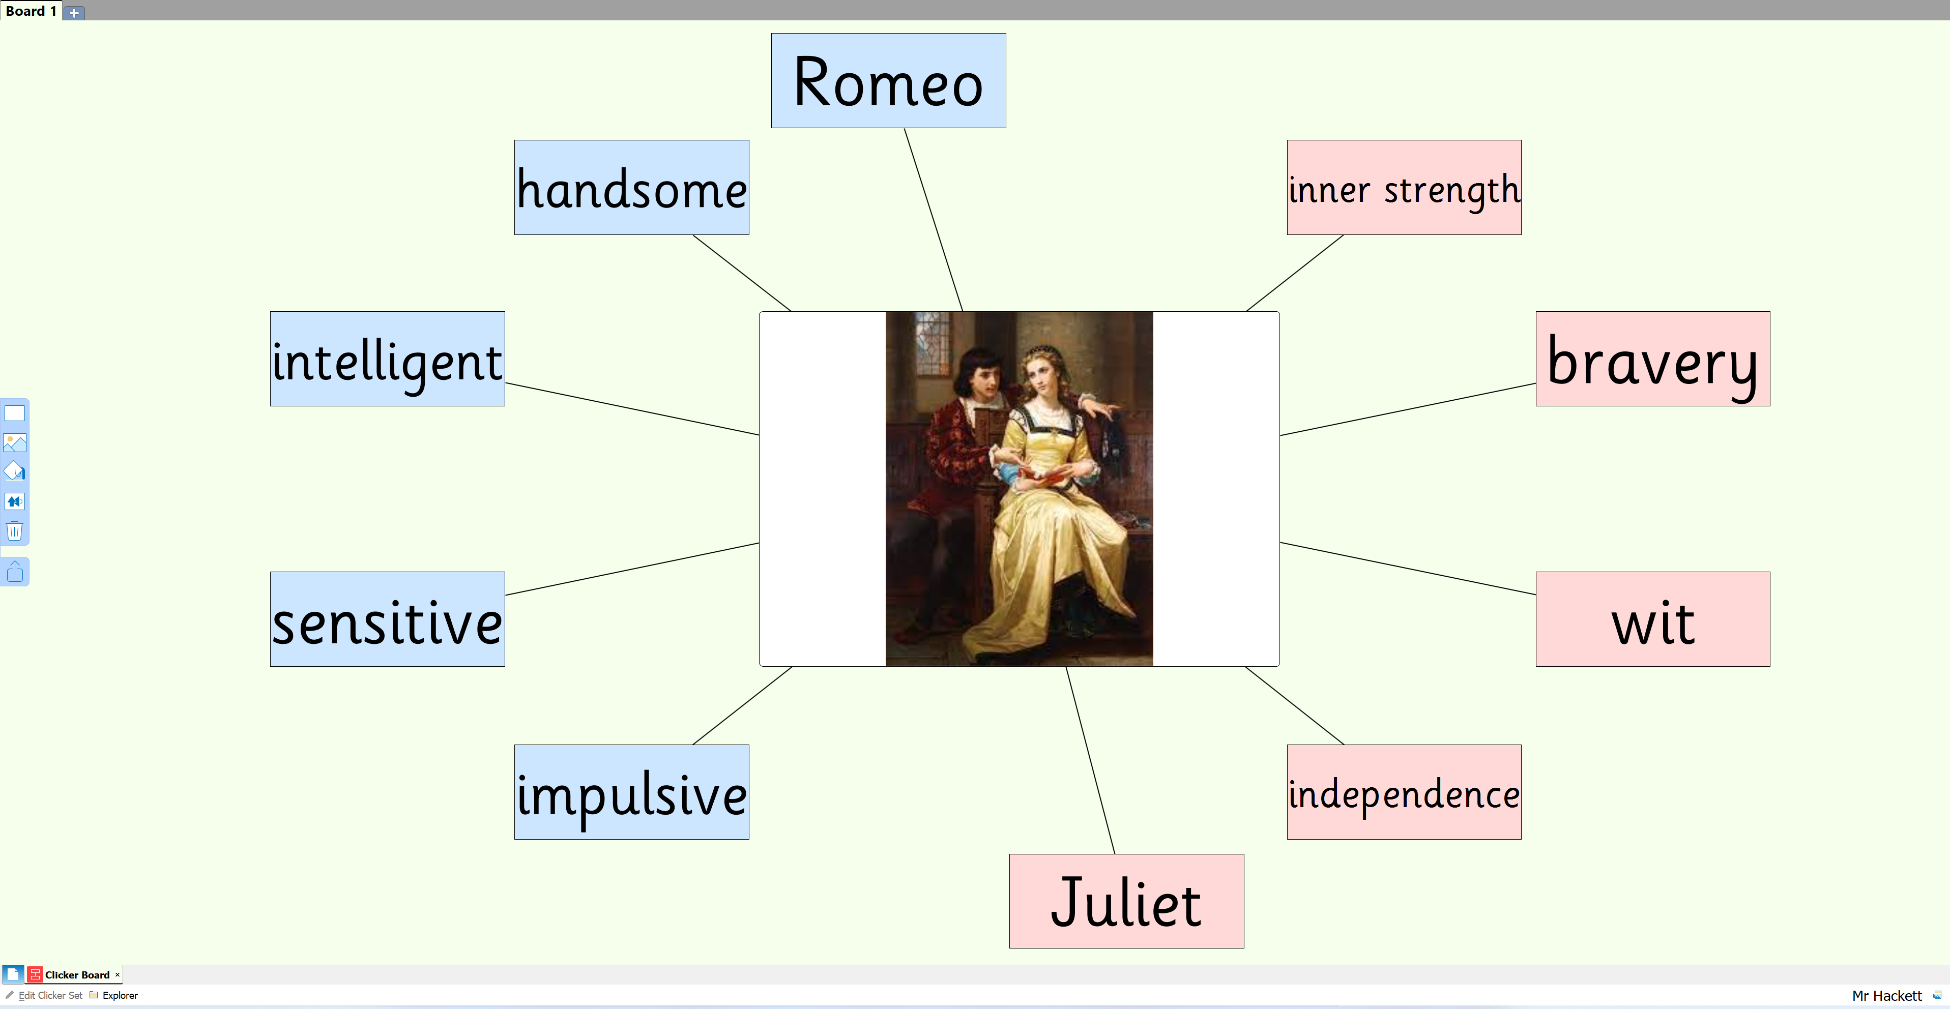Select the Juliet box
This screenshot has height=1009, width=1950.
point(1126,901)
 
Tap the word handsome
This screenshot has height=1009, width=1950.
point(632,189)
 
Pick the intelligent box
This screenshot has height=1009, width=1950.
point(388,359)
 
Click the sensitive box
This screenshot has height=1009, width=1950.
point(388,619)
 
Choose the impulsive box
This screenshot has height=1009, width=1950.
point(632,792)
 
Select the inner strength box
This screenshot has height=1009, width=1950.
point(1404,187)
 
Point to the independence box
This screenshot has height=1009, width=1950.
point(1404,792)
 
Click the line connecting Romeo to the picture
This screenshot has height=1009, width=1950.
point(934,220)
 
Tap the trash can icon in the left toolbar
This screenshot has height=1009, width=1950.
point(14,530)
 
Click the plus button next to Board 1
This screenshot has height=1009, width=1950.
point(74,13)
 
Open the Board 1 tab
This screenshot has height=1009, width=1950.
point(31,11)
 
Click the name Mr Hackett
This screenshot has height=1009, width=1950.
point(1886,995)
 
